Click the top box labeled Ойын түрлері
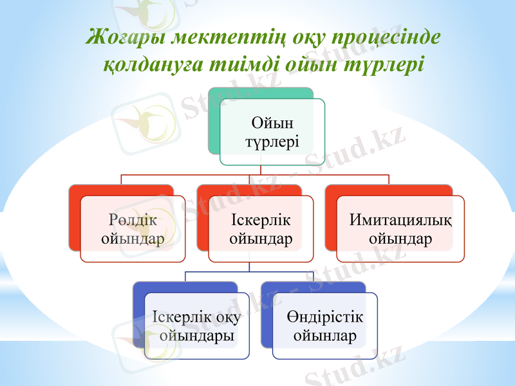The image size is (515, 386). coord(272,132)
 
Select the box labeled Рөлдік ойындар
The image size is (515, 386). coord(133,230)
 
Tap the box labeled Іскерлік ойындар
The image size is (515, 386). coord(261,230)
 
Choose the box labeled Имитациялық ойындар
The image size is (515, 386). coord(400,230)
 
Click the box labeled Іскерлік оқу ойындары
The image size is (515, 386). coord(197,326)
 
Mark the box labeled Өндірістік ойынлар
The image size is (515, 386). coord(324,326)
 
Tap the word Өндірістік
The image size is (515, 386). coord(324,317)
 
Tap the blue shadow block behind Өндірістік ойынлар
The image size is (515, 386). coord(267,315)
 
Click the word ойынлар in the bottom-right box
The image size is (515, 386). coord(324,336)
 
